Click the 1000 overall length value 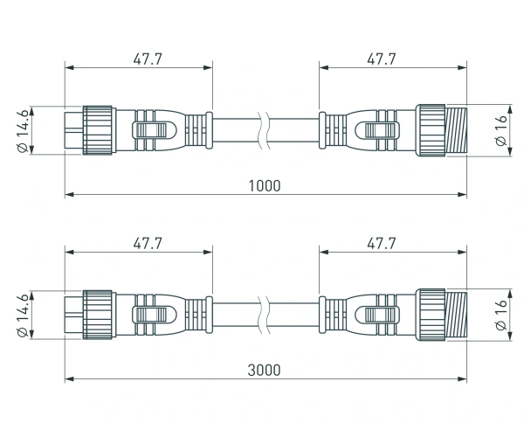(x=264, y=186)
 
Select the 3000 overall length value (x=264, y=370)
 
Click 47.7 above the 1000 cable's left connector (x=147, y=59)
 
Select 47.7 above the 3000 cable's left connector (x=147, y=244)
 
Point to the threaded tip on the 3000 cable (x=457, y=315)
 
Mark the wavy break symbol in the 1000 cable (x=265, y=131)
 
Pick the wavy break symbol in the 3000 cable (x=265, y=315)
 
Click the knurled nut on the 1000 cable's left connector (x=98, y=131)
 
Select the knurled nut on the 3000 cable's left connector (x=98, y=315)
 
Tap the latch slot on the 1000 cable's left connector (x=149, y=131)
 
